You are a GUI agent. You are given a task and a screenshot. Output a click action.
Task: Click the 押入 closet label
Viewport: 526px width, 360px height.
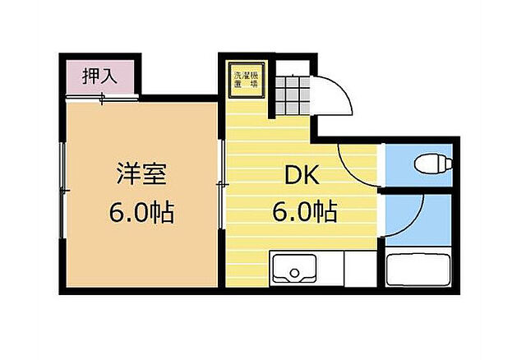click(x=100, y=77)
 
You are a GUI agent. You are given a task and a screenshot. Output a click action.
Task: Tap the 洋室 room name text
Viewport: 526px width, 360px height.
click(x=141, y=175)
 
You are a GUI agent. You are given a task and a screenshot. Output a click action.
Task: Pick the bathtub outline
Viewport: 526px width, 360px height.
click(x=418, y=270)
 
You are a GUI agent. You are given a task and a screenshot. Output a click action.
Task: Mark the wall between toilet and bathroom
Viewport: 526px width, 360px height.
click(x=419, y=191)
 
